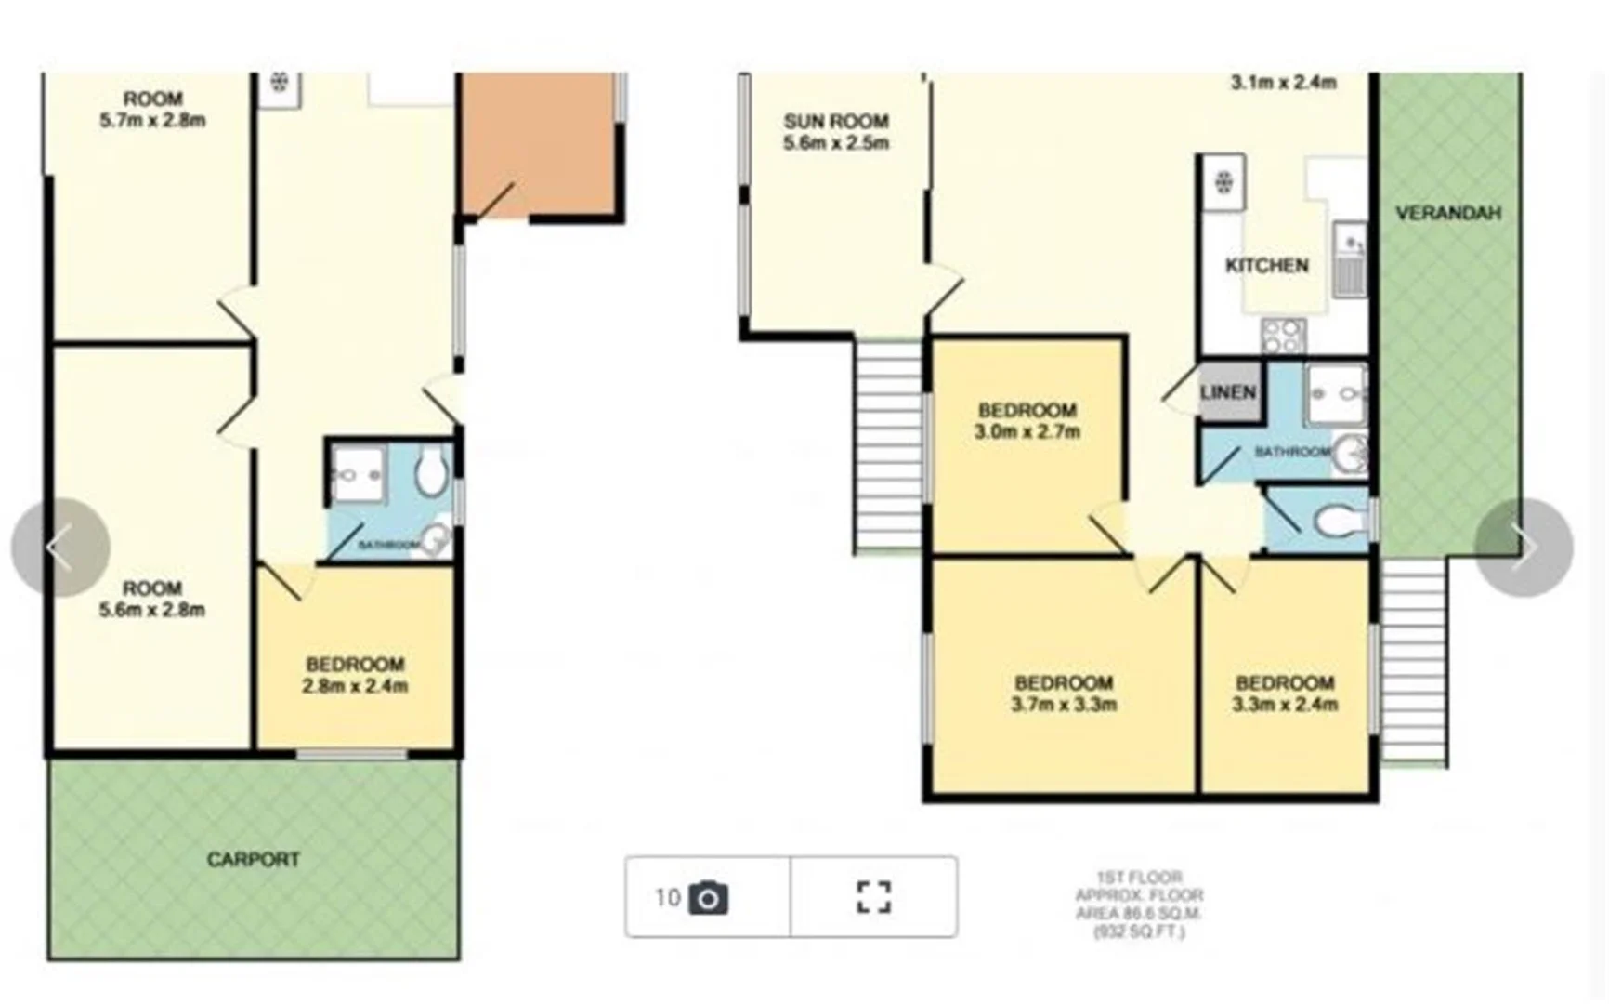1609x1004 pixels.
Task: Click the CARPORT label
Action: (x=253, y=860)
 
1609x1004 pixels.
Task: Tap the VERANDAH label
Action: (x=1447, y=213)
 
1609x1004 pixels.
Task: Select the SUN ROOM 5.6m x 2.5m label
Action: (x=836, y=132)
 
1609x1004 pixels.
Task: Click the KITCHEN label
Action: (x=1266, y=266)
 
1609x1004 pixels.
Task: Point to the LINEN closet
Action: (x=1228, y=392)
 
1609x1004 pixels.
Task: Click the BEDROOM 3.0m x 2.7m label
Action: (x=1027, y=421)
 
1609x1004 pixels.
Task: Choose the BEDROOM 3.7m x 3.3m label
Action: (x=1063, y=694)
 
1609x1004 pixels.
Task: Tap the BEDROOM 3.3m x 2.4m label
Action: (x=1285, y=694)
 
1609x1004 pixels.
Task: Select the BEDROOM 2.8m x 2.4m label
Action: (x=355, y=675)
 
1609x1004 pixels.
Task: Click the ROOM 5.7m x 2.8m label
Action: (x=153, y=110)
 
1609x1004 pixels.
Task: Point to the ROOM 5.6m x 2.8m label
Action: (x=152, y=600)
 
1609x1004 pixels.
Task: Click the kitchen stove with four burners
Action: (x=1283, y=336)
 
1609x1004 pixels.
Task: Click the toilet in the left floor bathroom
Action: (x=430, y=472)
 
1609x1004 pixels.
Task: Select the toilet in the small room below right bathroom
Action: (x=1337, y=522)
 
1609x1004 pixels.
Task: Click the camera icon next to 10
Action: (x=708, y=898)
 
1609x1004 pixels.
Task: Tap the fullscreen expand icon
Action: (x=872, y=898)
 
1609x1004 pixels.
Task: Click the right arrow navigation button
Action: (x=1523, y=548)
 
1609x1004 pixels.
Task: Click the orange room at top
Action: (x=537, y=144)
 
